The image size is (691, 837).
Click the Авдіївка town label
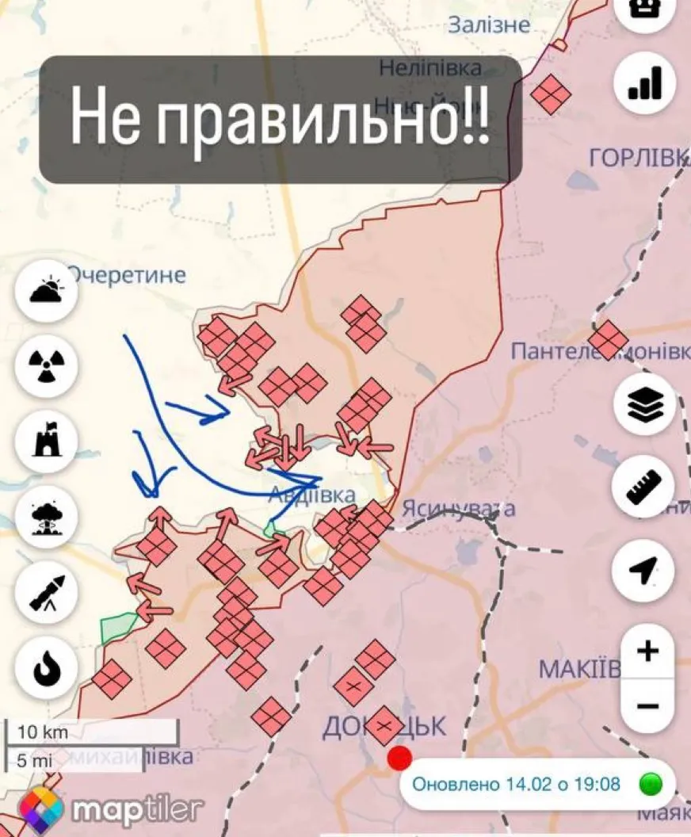pyautogui.click(x=311, y=495)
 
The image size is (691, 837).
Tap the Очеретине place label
pyautogui.click(x=127, y=275)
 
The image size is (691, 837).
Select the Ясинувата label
pyautogui.click(x=459, y=508)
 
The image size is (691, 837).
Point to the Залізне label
pyautogui.click(x=489, y=25)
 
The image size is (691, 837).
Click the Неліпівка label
pyautogui.click(x=430, y=68)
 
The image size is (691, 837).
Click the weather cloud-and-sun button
pyautogui.click(x=46, y=290)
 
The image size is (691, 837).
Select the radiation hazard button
pyautogui.click(x=46, y=365)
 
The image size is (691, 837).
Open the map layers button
pyautogui.click(x=644, y=405)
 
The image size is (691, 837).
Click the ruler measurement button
pyautogui.click(x=644, y=487)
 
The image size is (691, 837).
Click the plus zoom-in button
pyautogui.click(x=648, y=652)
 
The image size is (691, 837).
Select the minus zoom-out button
pyautogui.click(x=648, y=705)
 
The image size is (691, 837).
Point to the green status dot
pyautogui.click(x=651, y=785)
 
